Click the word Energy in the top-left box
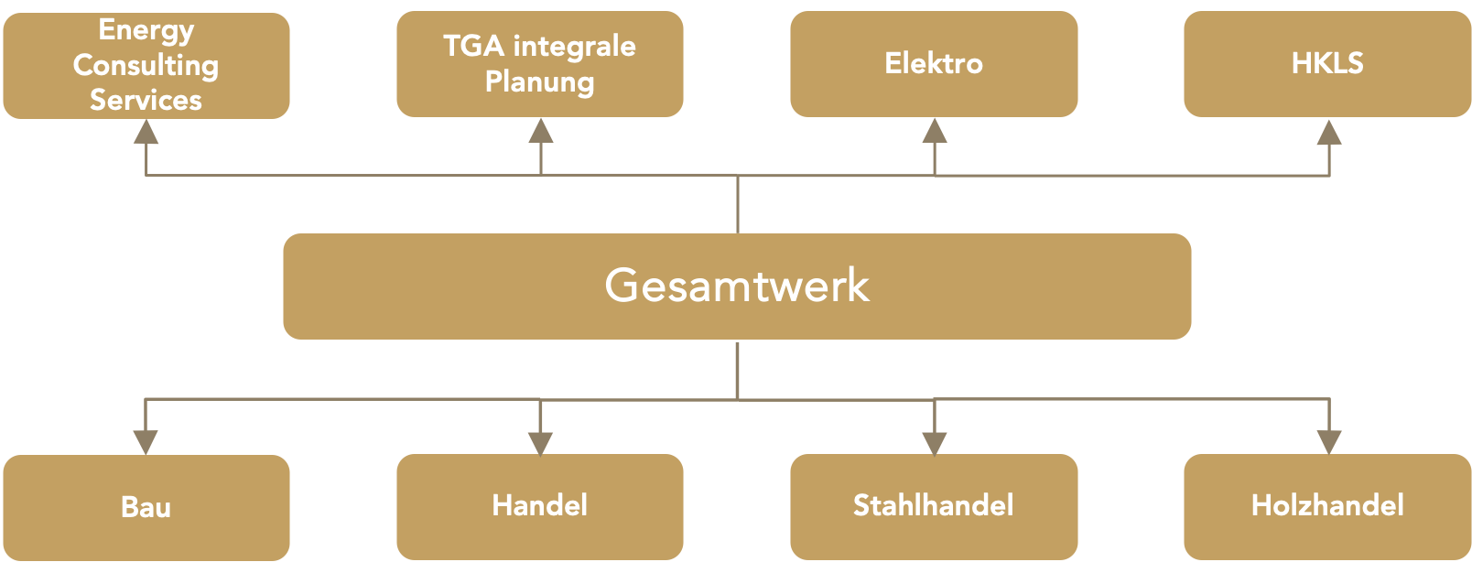tap(146, 30)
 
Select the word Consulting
tap(146, 65)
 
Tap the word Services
tap(146, 100)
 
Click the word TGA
tap(473, 46)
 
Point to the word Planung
tap(539, 81)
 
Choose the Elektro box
tap(934, 63)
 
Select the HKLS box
tap(1327, 63)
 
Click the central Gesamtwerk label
tap(737, 286)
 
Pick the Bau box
tap(146, 507)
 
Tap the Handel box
tap(539, 505)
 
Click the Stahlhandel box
tap(934, 505)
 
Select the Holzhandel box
tap(1327, 505)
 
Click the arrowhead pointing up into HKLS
tap(1329, 134)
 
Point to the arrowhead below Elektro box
tap(935, 132)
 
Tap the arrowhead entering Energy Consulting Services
tap(146, 134)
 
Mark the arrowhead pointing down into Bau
tap(146, 441)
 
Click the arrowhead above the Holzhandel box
tap(1329, 441)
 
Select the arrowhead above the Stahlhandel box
tap(935, 441)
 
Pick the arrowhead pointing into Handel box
tap(541, 441)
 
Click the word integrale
tap(575, 46)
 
